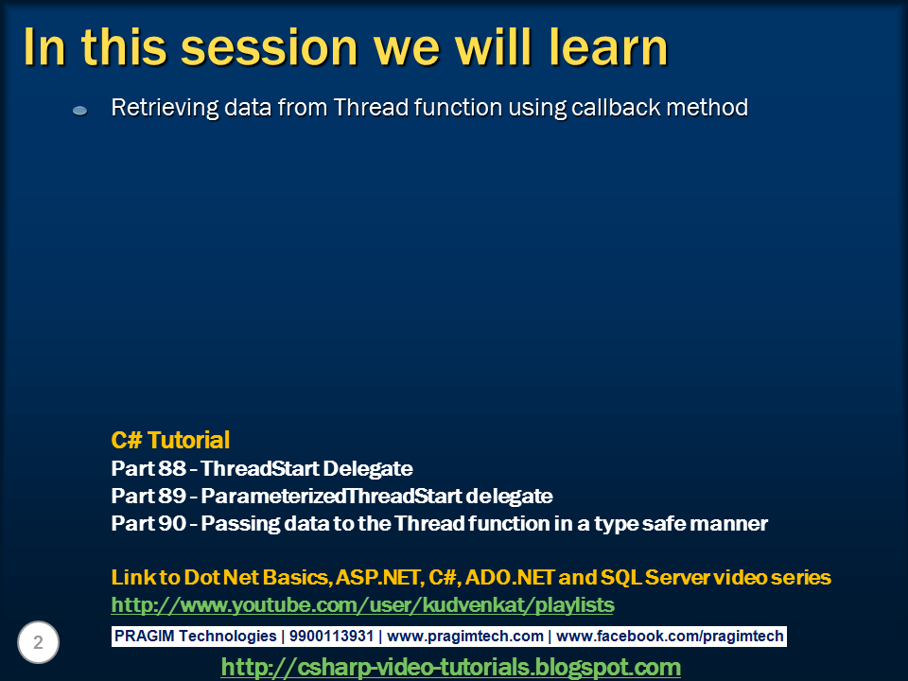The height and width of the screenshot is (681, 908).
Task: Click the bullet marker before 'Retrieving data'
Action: pyautogui.click(x=80, y=111)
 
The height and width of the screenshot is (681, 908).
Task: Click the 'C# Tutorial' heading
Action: pyautogui.click(x=170, y=440)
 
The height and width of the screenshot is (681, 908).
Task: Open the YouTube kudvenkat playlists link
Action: pyautogui.click(x=362, y=604)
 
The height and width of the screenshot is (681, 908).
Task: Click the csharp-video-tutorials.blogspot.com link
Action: pyautogui.click(x=450, y=667)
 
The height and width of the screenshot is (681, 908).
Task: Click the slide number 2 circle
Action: pyautogui.click(x=39, y=643)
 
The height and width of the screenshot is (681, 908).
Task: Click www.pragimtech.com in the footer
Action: pyautogui.click(x=465, y=637)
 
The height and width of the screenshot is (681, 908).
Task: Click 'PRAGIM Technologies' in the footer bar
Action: pyautogui.click(x=195, y=637)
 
